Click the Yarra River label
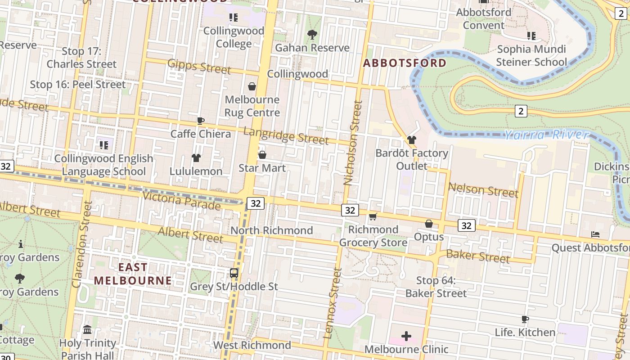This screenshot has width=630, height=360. (x=546, y=134)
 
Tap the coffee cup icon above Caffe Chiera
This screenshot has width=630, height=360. (x=201, y=121)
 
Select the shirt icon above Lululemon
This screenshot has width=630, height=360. (x=196, y=158)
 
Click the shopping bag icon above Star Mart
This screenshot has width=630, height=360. (x=262, y=155)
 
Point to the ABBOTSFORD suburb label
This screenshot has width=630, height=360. (x=405, y=63)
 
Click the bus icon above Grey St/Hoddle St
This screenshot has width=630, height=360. (x=234, y=273)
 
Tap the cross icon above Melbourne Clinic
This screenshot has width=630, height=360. (x=406, y=336)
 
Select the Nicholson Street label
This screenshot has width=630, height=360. (x=354, y=143)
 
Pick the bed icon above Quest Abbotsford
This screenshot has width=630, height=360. (x=595, y=234)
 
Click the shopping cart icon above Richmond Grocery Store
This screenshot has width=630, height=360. (x=373, y=217)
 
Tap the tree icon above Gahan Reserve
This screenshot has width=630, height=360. (x=312, y=34)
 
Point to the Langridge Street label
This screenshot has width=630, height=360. (x=286, y=135)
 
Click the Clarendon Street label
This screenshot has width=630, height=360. (x=81, y=243)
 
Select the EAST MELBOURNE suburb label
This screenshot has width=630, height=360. (x=133, y=274)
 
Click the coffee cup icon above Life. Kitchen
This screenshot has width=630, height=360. (x=525, y=319)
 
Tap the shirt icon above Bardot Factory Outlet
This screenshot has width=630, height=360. (x=412, y=140)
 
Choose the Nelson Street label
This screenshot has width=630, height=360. (x=483, y=190)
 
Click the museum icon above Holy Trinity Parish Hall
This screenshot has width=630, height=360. (x=88, y=330)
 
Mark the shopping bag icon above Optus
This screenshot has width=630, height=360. (x=429, y=223)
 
